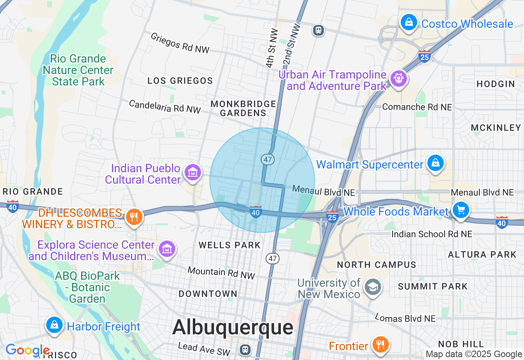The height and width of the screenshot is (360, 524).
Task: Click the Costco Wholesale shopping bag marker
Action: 409,23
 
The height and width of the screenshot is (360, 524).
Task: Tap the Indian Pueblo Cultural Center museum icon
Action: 192,173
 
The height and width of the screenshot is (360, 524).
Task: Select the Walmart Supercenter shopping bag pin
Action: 435,163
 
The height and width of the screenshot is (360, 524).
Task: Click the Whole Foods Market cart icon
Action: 461,210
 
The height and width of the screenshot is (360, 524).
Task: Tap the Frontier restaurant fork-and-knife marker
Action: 380,344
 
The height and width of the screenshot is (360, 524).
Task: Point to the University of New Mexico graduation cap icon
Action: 373,287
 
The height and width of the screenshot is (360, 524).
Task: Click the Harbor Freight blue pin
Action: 54,325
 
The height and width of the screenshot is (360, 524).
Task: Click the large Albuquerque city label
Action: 233,327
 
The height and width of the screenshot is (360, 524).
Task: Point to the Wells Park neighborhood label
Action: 230,245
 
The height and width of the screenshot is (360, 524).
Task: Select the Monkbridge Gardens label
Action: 243,108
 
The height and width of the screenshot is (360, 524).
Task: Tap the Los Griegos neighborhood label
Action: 180,81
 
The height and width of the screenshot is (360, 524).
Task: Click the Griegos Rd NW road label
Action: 180,43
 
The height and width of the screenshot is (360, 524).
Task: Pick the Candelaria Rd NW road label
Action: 165,106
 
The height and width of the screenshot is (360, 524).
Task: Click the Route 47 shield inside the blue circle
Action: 268,160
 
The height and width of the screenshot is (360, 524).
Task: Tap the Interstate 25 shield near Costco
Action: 425,56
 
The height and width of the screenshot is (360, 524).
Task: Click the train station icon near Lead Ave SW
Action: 245,350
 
